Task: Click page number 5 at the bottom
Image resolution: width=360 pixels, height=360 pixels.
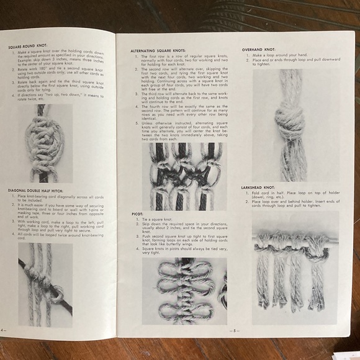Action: tap(235, 331)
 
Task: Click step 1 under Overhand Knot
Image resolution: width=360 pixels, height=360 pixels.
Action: tap(279, 55)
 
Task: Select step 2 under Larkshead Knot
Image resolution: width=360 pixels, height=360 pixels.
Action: tap(292, 204)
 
